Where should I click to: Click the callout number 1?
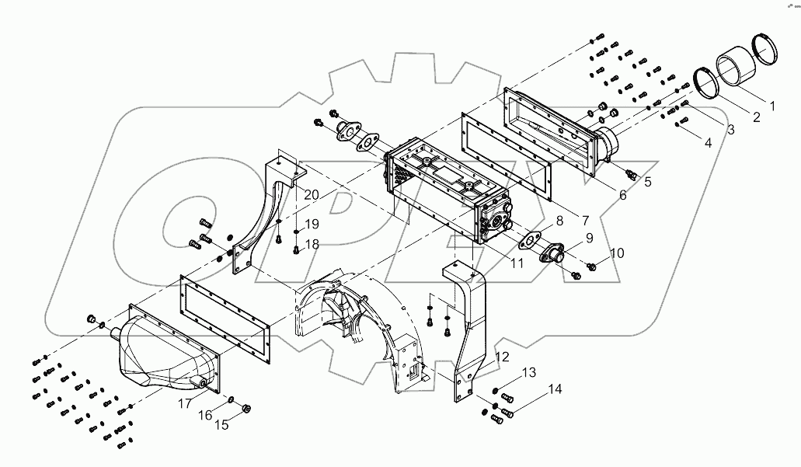point(771,103)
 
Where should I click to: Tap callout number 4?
point(708,143)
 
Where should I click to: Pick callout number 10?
point(616,253)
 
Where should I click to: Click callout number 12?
point(503,357)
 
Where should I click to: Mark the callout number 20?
point(289,194)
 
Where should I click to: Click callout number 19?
point(311,224)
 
